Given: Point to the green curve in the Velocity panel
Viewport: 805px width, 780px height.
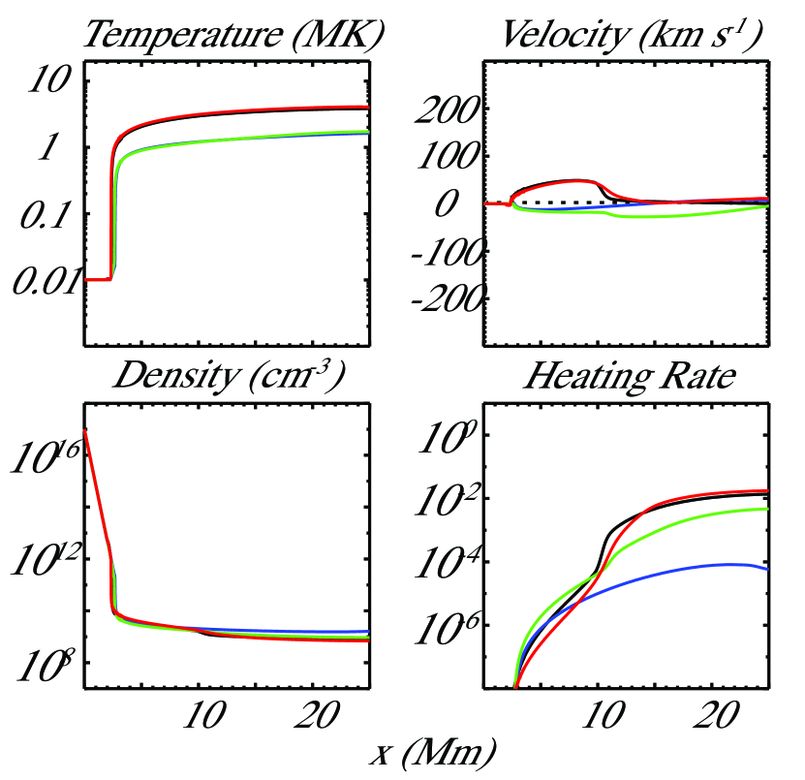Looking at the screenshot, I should (x=678, y=215).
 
